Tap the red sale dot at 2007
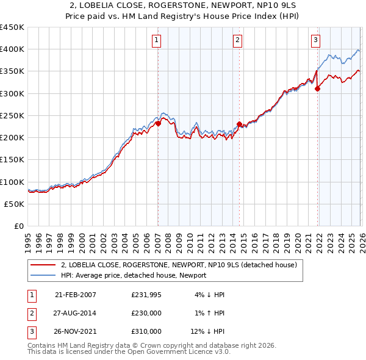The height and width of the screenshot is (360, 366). point(158,123)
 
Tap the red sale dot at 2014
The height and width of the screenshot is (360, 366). point(239,124)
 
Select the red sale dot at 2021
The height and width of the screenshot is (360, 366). point(317,88)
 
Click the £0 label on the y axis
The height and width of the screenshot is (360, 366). point(19,226)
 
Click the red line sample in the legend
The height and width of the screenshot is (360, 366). point(43,265)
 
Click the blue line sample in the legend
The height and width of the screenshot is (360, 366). point(43,275)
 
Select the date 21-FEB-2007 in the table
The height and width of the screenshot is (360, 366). point(75,295)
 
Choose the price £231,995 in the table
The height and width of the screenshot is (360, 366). point(146,295)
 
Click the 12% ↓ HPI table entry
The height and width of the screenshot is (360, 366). point(208,331)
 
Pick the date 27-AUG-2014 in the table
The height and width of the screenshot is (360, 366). point(75,313)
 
